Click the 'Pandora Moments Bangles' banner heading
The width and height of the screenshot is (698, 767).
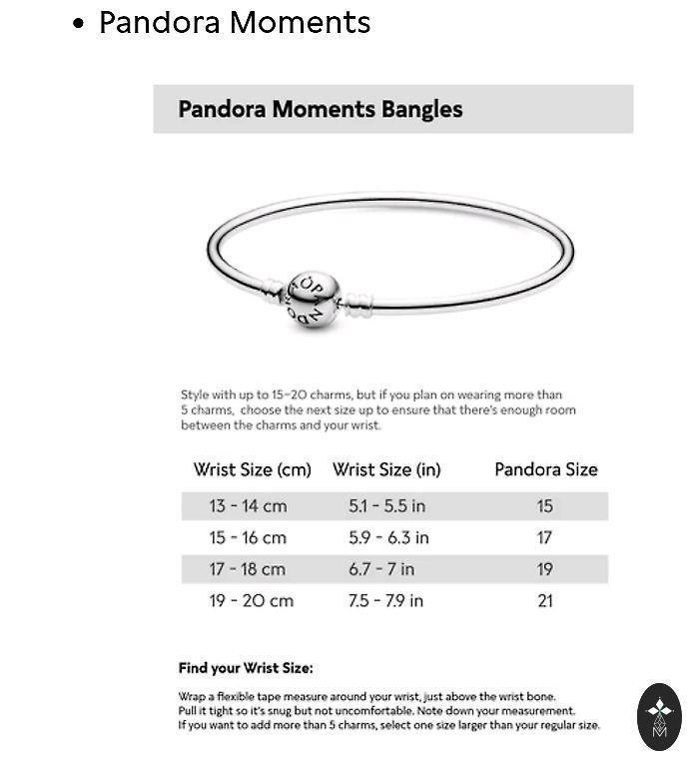(x=320, y=109)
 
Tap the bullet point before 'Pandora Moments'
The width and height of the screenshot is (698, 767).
(x=79, y=25)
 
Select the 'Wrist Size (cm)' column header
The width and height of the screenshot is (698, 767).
(x=252, y=469)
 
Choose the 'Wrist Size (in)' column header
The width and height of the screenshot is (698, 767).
(x=386, y=469)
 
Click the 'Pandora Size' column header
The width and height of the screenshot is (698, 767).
(x=545, y=469)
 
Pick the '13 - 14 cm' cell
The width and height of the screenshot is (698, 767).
(x=248, y=506)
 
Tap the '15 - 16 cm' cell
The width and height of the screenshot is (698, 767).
(x=248, y=538)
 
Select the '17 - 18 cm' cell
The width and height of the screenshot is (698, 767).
(x=248, y=569)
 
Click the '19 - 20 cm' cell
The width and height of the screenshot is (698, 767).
(x=251, y=601)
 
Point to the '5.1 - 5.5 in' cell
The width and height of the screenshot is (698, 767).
(x=386, y=506)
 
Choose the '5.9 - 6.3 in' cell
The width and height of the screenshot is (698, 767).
(x=388, y=538)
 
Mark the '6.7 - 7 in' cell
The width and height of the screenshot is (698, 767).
(x=381, y=569)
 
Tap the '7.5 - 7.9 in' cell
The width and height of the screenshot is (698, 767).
(x=385, y=601)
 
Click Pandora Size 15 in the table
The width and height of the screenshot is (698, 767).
(x=544, y=506)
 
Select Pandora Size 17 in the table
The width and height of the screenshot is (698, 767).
(x=544, y=538)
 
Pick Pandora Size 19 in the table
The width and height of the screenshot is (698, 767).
(x=544, y=569)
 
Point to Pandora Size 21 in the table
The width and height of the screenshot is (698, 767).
(x=544, y=601)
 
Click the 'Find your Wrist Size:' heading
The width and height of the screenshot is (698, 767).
(x=246, y=668)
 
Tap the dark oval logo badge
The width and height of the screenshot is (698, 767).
(x=659, y=716)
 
